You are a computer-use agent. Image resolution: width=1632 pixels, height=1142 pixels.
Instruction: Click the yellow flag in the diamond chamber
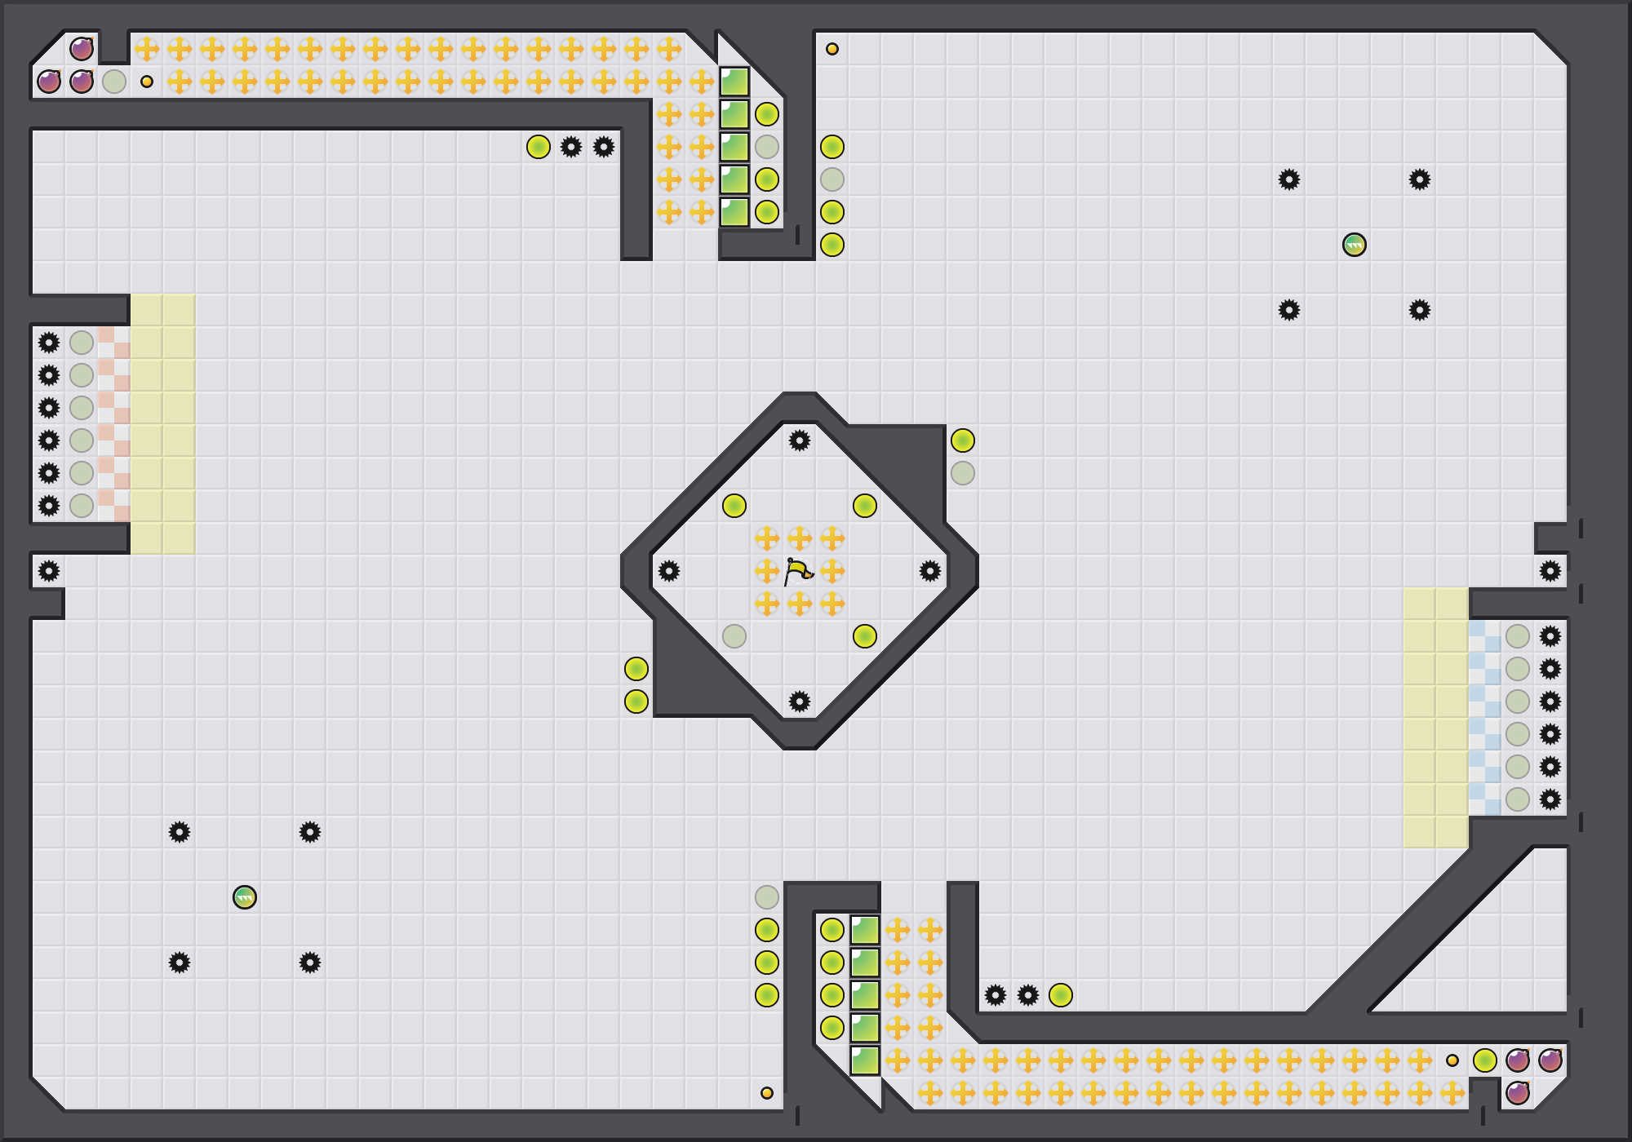click(798, 571)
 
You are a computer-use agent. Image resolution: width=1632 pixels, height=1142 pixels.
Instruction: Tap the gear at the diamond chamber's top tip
click(800, 440)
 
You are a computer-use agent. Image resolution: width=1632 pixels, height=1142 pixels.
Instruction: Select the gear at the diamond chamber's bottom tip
click(800, 702)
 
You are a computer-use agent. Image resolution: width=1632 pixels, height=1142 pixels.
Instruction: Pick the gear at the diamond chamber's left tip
click(669, 571)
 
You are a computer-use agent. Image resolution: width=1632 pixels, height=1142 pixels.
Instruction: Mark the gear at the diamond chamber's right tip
click(930, 571)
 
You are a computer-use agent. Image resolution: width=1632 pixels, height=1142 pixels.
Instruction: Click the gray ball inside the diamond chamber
click(734, 636)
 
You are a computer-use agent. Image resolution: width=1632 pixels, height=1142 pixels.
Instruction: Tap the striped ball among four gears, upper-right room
click(1355, 245)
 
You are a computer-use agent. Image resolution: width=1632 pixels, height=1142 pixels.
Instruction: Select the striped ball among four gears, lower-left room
click(245, 897)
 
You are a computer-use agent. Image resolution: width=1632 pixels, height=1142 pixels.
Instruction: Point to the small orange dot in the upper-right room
click(832, 49)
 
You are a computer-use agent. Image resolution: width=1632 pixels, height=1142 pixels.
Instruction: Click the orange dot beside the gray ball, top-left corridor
click(147, 82)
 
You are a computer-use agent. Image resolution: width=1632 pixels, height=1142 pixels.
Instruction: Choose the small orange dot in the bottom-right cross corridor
click(1452, 1060)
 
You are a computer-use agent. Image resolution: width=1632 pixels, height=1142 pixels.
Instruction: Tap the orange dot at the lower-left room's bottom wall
click(767, 1093)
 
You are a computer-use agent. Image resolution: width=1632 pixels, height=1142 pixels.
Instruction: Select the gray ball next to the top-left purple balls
click(114, 82)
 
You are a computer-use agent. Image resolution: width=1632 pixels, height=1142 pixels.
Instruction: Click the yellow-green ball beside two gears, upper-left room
click(539, 147)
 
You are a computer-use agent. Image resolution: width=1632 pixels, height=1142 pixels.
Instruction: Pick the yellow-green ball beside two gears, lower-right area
click(1061, 995)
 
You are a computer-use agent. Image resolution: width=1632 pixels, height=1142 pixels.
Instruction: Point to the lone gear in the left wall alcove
click(49, 571)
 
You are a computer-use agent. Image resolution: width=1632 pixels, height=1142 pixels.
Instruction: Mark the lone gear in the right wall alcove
click(1550, 571)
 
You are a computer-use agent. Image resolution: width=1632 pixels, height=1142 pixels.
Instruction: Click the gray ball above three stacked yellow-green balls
click(767, 897)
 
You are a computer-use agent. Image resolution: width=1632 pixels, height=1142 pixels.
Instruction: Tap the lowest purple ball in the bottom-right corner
click(1518, 1093)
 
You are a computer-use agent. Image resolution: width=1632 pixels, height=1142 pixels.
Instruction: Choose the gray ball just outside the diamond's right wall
click(963, 473)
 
